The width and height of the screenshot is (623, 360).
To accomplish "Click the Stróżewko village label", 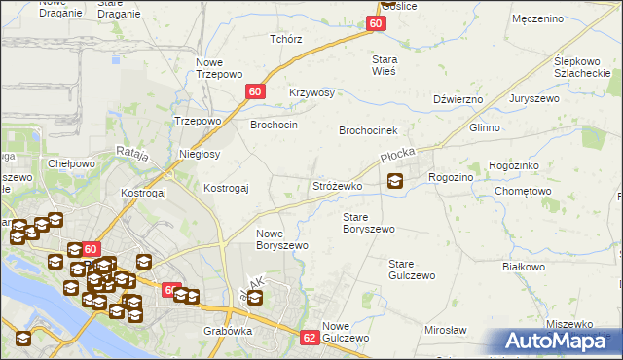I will (x=337, y=185).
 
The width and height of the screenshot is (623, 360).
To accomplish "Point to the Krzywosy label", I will (x=311, y=92).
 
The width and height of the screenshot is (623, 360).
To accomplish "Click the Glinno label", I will (x=484, y=127).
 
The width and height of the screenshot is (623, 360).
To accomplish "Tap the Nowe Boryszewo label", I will (x=281, y=239).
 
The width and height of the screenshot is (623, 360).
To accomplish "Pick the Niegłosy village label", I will (x=200, y=154).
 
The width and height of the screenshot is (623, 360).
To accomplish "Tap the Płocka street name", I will (x=397, y=155).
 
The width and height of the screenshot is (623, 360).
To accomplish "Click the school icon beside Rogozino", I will (x=395, y=180).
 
